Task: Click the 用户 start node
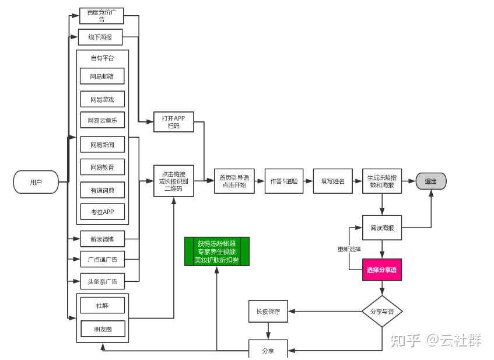point(36,182)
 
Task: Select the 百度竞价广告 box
point(101,16)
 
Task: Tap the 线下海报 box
point(100,37)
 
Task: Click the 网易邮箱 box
point(102,76)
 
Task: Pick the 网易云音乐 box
point(103,120)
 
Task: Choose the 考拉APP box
point(103,212)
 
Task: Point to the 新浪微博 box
point(103,239)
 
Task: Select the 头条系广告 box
point(103,281)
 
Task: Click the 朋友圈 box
point(103,329)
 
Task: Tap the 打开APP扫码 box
point(174,122)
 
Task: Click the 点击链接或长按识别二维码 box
point(174,181)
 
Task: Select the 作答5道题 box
point(284,181)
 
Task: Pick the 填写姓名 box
point(332,181)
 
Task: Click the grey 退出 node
point(431,181)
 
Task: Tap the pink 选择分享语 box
point(382,270)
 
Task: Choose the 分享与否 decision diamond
point(382,312)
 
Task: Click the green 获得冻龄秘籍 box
point(217,251)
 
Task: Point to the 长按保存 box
point(268,311)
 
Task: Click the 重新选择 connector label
point(349,249)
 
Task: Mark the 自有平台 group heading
point(103,58)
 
